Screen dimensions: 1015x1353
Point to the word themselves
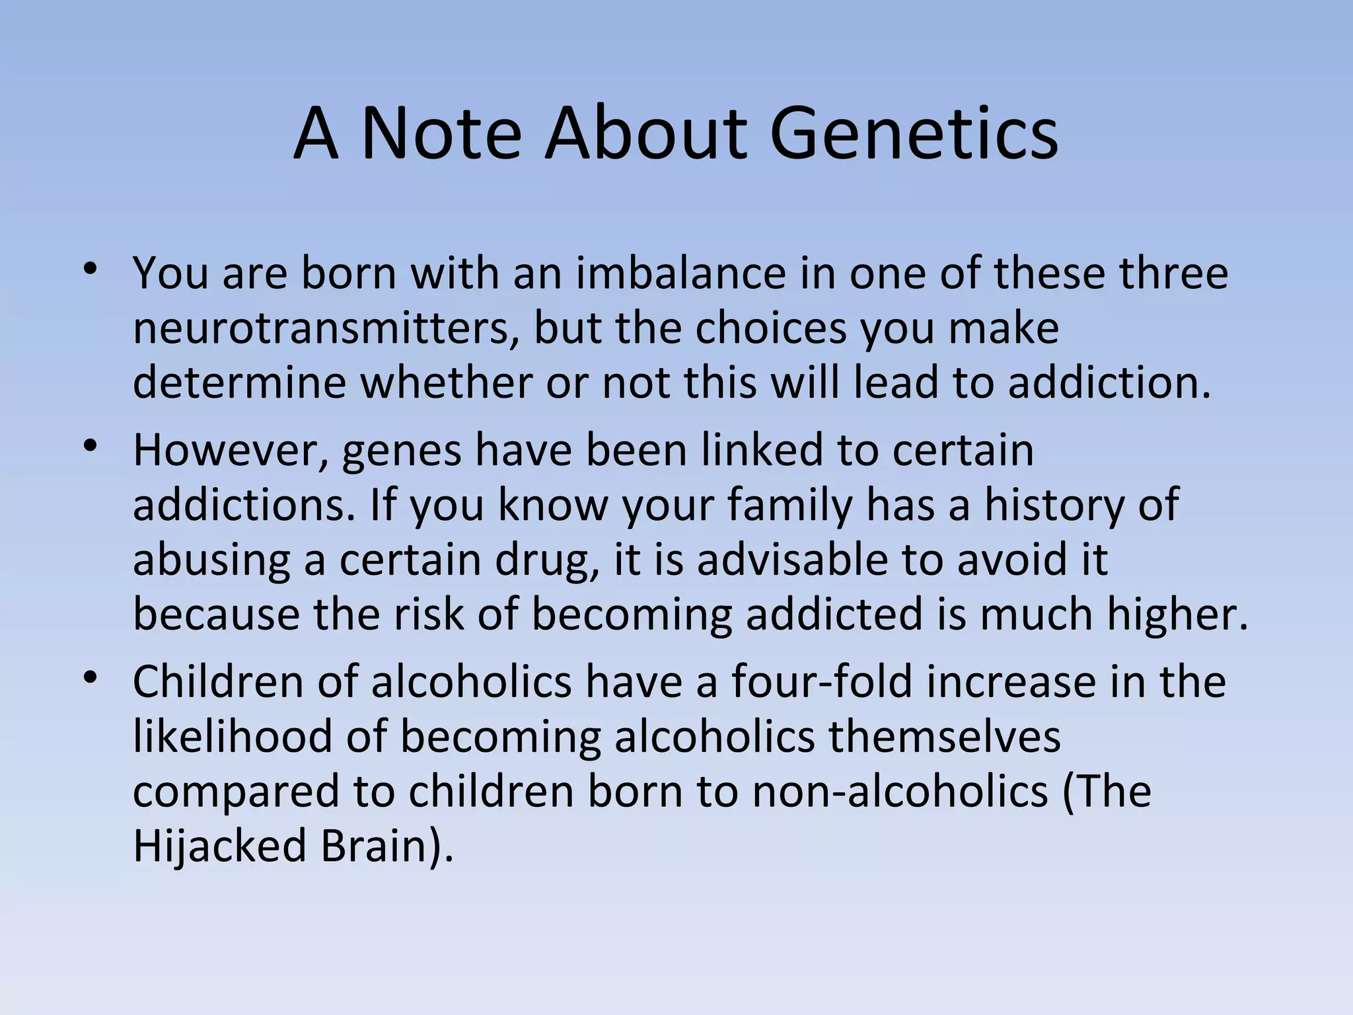point(945,737)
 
